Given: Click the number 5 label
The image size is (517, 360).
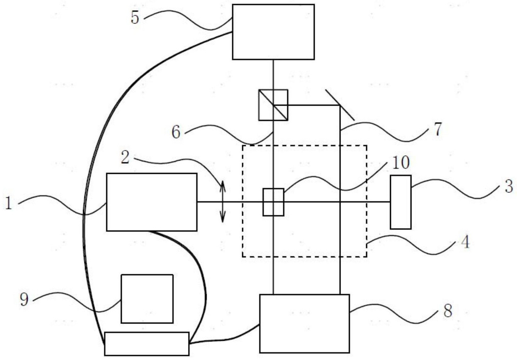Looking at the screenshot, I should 135,18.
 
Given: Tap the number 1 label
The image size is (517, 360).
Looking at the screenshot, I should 8,203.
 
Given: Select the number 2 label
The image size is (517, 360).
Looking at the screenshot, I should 125,157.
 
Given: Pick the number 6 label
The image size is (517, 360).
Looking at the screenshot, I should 176,132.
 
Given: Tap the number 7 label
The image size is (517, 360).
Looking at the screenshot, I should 438,129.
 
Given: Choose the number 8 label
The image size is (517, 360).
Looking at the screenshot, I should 448,311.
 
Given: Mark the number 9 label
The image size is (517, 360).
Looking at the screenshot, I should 24,299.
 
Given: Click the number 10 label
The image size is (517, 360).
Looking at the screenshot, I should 401,163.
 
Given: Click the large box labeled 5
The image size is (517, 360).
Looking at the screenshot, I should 273,32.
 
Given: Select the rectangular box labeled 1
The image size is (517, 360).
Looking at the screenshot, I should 152,202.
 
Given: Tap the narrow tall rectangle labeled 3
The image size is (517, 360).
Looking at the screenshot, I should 400,202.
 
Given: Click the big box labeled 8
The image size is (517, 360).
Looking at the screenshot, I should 304,323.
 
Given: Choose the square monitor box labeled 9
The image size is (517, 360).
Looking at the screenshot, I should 147,298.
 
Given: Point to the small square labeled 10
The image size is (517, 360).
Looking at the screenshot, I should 273,202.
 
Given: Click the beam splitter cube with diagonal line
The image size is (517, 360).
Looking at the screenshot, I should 273,105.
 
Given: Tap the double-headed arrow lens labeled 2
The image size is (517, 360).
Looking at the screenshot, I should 222,202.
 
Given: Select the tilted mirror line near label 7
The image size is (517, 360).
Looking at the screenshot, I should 340,105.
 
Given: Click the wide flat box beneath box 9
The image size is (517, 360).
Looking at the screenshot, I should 147,344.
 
